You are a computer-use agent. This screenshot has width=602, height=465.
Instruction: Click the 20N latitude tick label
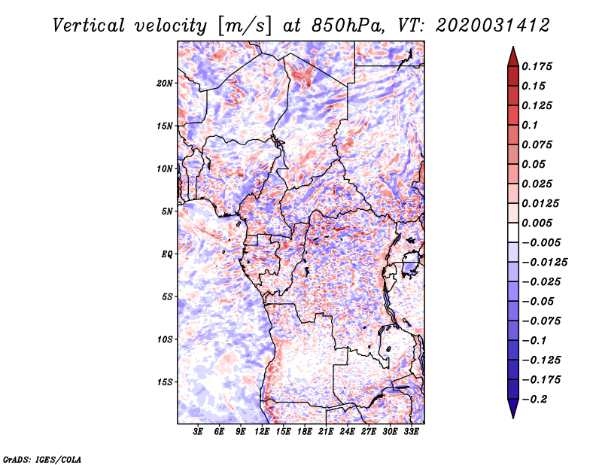click(x=165, y=84)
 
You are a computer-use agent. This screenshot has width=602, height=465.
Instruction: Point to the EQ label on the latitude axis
click(x=167, y=254)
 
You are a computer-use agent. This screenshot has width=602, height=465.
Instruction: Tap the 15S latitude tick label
click(x=165, y=382)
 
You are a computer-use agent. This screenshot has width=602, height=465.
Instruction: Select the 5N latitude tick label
click(x=167, y=211)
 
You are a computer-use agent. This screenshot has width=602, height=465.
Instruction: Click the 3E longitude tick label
click(x=198, y=431)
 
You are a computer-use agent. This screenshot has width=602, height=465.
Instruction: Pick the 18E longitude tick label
click(x=305, y=431)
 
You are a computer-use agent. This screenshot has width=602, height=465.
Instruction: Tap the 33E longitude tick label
click(x=411, y=431)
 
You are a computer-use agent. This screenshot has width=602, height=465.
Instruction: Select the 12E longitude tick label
click(x=262, y=431)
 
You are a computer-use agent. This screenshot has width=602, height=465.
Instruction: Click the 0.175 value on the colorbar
click(x=537, y=66)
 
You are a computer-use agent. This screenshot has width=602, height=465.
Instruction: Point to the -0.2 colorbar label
click(x=534, y=400)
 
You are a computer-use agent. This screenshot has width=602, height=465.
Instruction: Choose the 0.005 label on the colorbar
click(x=537, y=223)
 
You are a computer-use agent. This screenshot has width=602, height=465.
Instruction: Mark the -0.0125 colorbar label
click(x=544, y=263)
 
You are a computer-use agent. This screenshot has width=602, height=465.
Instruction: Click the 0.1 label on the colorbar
click(x=530, y=125)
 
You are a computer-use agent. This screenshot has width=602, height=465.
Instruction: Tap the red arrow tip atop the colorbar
click(x=513, y=47)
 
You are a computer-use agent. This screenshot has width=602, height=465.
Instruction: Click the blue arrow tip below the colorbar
click(x=513, y=417)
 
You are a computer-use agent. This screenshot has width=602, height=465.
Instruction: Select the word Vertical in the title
click(x=89, y=26)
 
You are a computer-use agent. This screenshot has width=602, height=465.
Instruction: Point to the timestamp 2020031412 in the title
click(x=493, y=26)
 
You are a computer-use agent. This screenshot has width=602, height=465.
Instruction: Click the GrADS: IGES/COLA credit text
click(x=42, y=460)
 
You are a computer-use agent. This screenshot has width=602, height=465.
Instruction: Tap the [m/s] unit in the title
click(x=245, y=26)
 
